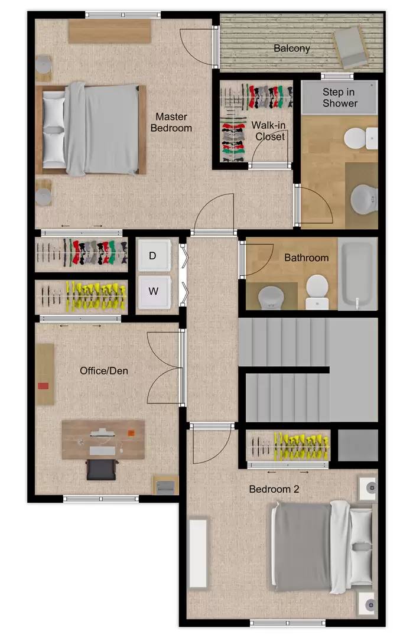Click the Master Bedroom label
pos(171,122)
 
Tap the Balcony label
pos(292,48)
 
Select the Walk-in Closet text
pos(269,131)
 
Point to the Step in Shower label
pos(340,97)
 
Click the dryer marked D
pos(154,255)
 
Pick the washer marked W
pos(154,291)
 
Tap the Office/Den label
pos(104,370)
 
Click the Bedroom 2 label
pos(274,489)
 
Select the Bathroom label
pos(307,258)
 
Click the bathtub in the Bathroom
pos(357,274)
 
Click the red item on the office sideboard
pos(43,386)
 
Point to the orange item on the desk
pos(131,433)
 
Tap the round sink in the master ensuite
pos(364,200)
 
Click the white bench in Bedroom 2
pos(199,552)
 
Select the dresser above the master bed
pos(110,31)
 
